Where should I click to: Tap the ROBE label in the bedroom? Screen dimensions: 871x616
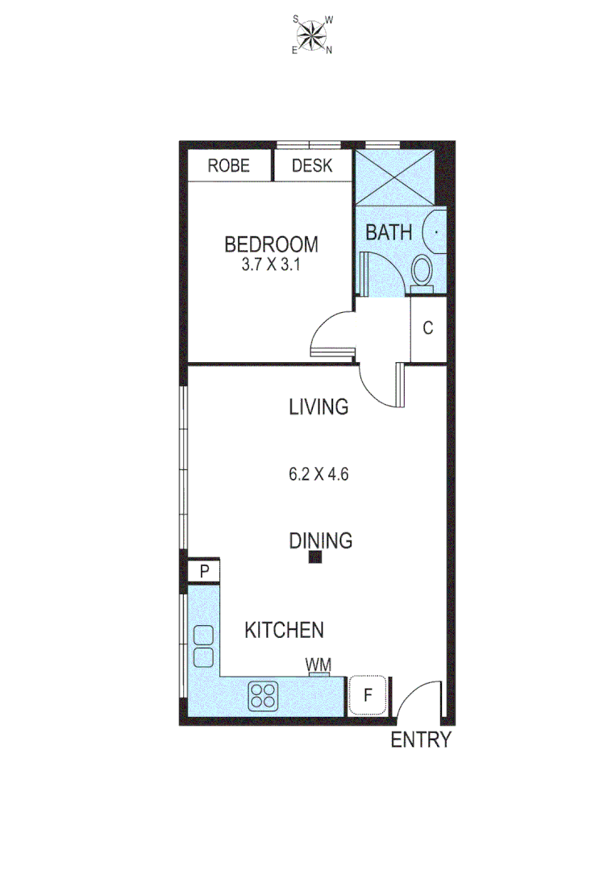(228, 166)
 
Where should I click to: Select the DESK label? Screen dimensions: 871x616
(312, 166)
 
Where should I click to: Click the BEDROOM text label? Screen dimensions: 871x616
(271, 244)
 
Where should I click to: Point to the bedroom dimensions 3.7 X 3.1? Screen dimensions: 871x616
(271, 265)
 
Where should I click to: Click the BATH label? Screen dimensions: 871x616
(389, 232)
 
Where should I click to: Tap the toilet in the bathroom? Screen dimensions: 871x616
(422, 269)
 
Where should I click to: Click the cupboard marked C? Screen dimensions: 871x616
(428, 328)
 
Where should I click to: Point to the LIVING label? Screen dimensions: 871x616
(318, 407)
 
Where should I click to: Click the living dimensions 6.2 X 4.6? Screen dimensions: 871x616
(318, 474)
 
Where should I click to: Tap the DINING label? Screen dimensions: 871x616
(321, 540)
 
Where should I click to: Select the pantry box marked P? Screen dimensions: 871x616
(205, 572)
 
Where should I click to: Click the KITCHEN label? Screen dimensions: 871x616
(285, 630)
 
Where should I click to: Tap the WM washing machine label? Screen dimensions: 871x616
(318, 665)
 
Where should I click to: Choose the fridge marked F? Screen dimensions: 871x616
(368, 695)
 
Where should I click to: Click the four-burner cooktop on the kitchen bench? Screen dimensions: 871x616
(263, 695)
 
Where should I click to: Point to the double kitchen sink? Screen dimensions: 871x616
(203, 646)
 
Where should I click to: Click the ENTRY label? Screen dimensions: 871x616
(420, 740)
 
